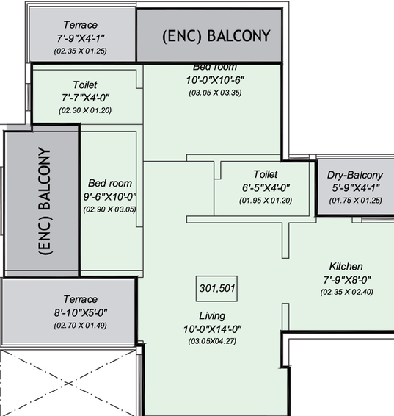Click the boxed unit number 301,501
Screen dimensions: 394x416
pos(216,288)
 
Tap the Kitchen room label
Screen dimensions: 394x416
pos(346,266)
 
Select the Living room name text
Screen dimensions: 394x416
pos(212,316)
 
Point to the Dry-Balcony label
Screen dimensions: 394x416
pos(355,175)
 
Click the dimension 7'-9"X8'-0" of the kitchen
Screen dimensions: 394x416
pos(347,279)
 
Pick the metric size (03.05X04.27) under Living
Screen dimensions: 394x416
pos(212,341)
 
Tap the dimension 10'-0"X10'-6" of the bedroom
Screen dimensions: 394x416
pos(215,80)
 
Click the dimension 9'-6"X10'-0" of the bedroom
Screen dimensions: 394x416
pos(109,196)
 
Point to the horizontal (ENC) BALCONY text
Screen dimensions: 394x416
pos(216,36)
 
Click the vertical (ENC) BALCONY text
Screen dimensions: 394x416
pos(45,201)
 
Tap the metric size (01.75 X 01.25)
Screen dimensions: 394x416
pos(356,201)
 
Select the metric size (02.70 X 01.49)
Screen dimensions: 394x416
pos(80,326)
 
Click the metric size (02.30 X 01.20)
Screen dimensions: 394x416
pos(85,110)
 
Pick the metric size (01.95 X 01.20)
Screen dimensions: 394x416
pos(266,201)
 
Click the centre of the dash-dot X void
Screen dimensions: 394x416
pos(68,383)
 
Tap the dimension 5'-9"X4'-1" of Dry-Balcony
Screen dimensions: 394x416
pos(356,188)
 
